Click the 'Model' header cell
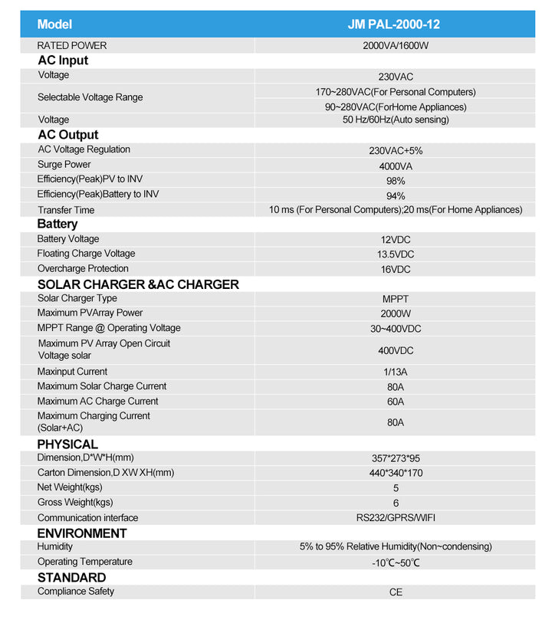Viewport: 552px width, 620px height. coord(54,25)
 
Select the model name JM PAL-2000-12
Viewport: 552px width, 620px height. coord(395,25)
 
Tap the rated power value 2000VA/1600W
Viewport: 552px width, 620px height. coord(396,46)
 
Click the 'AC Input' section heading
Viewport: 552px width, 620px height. coord(63,61)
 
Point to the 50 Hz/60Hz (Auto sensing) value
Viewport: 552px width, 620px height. coord(396,120)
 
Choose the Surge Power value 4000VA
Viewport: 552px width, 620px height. coord(396,166)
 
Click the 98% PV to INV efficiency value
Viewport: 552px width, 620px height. coord(396,181)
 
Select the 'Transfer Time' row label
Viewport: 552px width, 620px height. coord(66,210)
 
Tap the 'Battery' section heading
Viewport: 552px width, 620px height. coord(58,224)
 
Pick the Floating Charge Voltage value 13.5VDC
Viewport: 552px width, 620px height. coord(396,254)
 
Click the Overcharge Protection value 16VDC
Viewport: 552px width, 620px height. coord(396,270)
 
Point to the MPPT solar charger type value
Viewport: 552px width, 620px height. coord(396,299)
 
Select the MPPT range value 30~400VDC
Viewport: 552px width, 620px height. coord(396,329)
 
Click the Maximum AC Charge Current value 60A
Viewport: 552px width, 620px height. coord(396,402)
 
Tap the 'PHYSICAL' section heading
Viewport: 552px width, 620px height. coord(67,444)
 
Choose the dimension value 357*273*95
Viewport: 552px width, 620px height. coord(396,458)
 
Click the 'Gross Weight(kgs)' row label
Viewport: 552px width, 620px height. coord(75,503)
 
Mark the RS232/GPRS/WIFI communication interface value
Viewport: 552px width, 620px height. coord(396,518)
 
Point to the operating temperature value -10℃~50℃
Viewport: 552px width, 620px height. coord(396,563)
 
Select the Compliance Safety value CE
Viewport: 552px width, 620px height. coord(396,592)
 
